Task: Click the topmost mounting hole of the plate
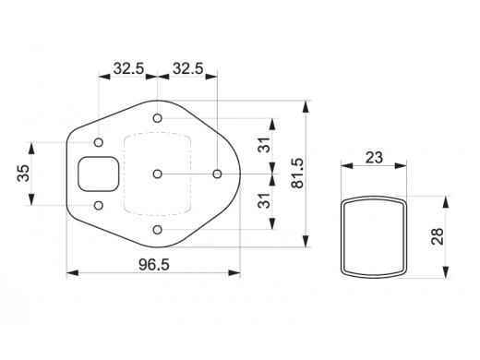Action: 157,118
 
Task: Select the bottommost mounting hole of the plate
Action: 157,230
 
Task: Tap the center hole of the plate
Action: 157,174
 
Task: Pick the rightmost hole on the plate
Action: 217,174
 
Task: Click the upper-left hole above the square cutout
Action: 99,142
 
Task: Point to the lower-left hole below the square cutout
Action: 99,205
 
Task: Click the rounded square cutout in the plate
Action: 78,174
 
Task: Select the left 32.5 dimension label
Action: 128,68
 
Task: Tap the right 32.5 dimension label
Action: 188,68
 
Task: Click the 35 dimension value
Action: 23,173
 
